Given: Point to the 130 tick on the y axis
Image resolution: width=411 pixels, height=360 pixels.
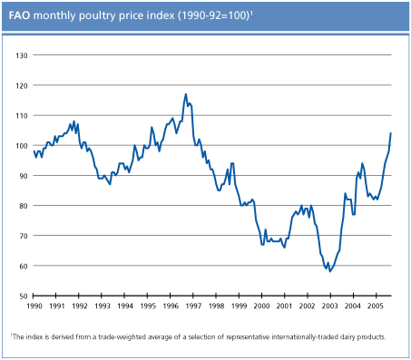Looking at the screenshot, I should click(24, 55).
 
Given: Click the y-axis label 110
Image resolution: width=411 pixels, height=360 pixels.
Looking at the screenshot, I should click(24, 115).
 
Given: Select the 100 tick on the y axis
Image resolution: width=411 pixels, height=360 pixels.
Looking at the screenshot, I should click(24, 145).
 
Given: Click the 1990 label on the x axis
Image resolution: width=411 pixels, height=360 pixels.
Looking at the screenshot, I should click(34, 307).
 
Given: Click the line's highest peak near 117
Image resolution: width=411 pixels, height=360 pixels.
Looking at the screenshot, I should click(186, 93).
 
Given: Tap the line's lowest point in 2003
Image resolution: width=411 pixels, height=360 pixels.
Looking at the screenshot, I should click(330, 271).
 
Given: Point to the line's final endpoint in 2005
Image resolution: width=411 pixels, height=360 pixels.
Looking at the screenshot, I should click(391, 133).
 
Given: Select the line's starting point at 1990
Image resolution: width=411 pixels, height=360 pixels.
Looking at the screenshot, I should click(34, 151).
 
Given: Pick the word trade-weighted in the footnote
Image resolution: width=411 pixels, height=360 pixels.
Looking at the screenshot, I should click(123, 336).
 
